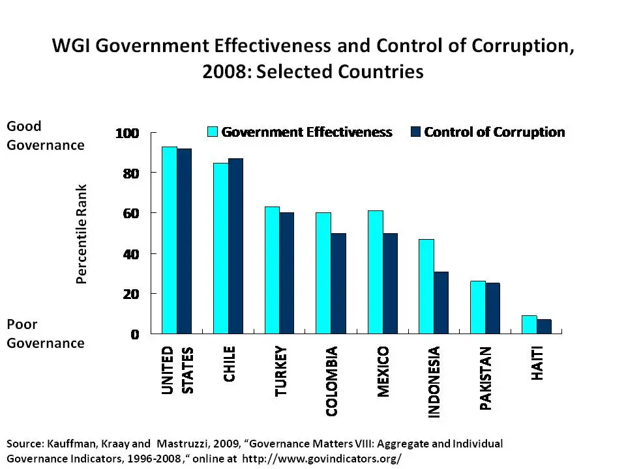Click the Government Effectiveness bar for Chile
pos(220,248)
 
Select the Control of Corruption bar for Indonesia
pos(441,303)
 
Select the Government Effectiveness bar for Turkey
pos(272,270)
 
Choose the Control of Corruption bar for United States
pos(184,241)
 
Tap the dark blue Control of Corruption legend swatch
pos(415,132)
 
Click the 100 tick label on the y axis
pos(128,134)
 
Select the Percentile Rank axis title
pos(82,234)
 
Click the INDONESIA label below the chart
pos(434,382)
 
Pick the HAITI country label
pos(537,364)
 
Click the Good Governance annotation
pos(45,135)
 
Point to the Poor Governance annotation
pos(45,334)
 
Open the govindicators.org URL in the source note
pos(321,458)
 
